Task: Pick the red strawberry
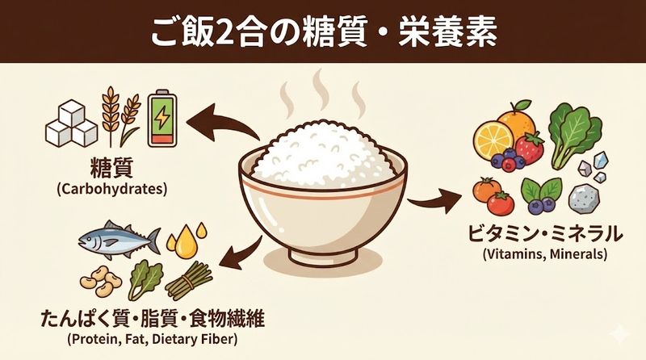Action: point(530,148)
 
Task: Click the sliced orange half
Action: point(493,142)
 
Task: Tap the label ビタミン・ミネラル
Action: point(546,235)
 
